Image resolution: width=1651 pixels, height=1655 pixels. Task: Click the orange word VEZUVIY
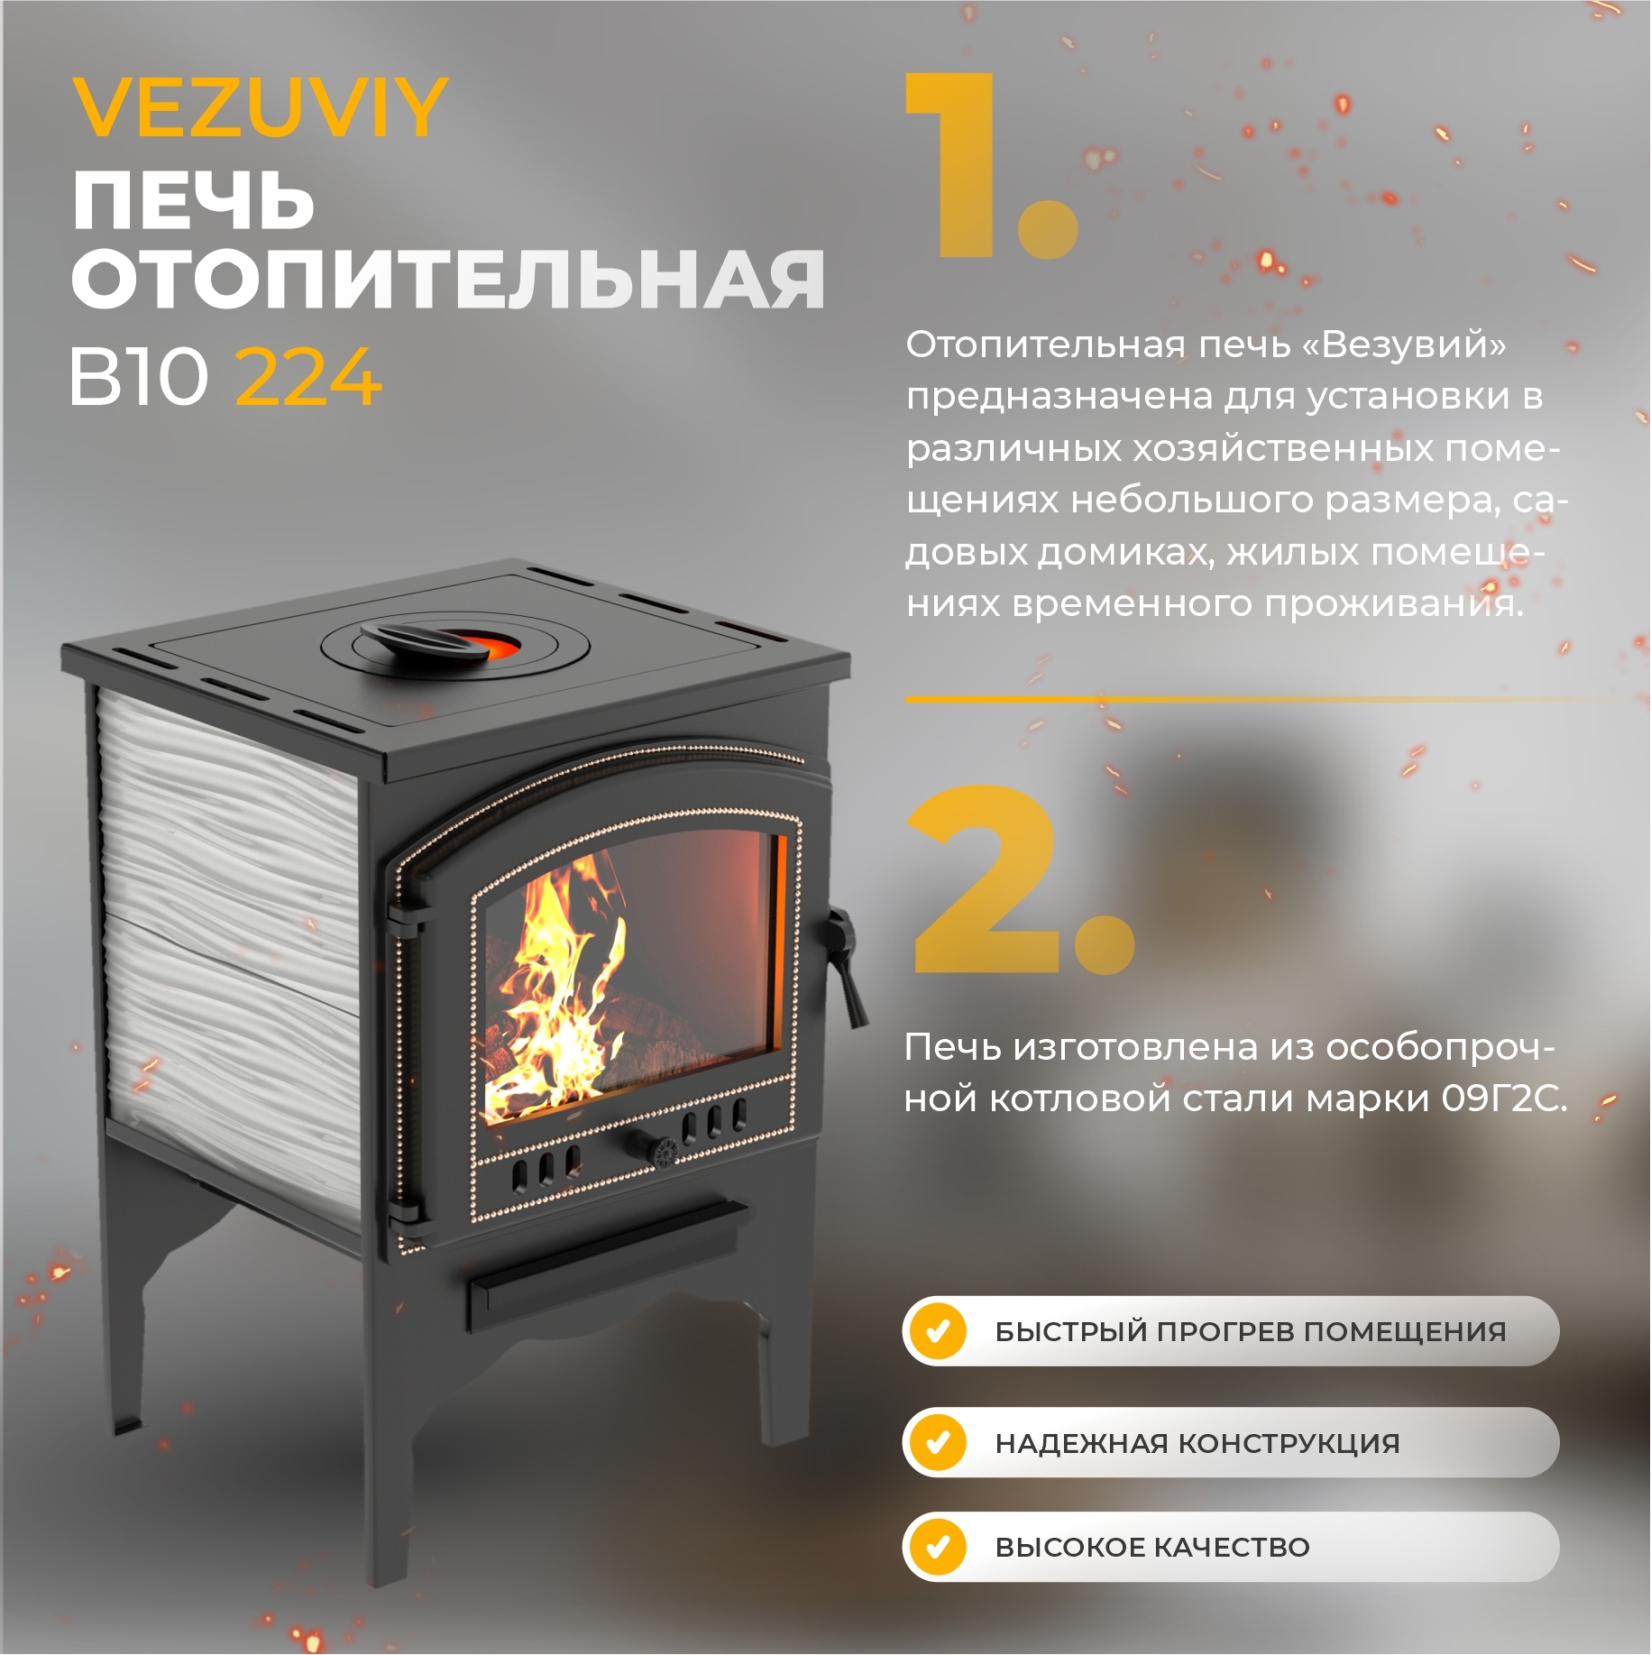click(x=260, y=108)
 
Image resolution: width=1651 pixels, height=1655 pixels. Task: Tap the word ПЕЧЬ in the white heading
click(x=193, y=200)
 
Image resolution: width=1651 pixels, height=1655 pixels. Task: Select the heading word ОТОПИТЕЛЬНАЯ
click(x=448, y=280)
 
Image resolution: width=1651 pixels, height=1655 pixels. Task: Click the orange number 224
click(x=308, y=377)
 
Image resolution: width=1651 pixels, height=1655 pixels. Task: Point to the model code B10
click(x=138, y=377)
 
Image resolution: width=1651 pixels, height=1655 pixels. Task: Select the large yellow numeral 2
click(x=987, y=879)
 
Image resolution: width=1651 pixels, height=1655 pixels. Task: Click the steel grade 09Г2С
click(x=1502, y=1099)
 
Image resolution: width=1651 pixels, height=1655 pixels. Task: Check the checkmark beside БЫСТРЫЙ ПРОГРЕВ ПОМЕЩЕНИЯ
click(x=938, y=1331)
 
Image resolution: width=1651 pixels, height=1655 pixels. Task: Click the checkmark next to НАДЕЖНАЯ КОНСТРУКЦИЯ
click(x=938, y=1442)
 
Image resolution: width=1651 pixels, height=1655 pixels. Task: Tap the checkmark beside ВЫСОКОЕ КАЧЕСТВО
click(x=938, y=1547)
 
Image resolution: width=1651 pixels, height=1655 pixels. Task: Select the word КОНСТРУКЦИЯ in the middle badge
click(x=1289, y=1443)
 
